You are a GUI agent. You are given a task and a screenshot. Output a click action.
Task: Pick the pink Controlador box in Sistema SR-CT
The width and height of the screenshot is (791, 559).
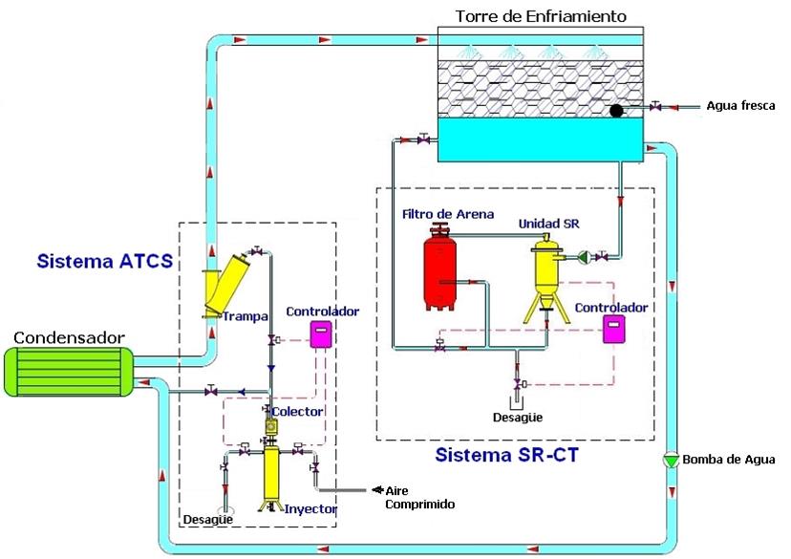click(612, 330)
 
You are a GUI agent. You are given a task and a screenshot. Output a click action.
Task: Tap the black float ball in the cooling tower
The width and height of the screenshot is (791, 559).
click(616, 111)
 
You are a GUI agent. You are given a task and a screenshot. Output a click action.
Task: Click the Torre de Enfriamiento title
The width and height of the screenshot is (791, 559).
click(541, 16)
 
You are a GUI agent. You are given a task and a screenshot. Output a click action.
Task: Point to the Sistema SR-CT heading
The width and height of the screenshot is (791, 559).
click(508, 455)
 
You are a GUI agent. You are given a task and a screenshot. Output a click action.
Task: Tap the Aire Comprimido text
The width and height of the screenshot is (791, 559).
click(418, 497)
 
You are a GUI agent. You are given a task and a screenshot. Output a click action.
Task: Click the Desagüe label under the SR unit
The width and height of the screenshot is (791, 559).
click(517, 417)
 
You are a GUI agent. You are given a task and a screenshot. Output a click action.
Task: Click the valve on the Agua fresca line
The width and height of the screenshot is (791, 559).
click(656, 106)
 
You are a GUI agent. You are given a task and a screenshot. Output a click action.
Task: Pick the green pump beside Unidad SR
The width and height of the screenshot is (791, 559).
click(583, 256)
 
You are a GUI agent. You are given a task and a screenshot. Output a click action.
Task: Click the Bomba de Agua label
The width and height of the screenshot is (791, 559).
click(730, 461)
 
